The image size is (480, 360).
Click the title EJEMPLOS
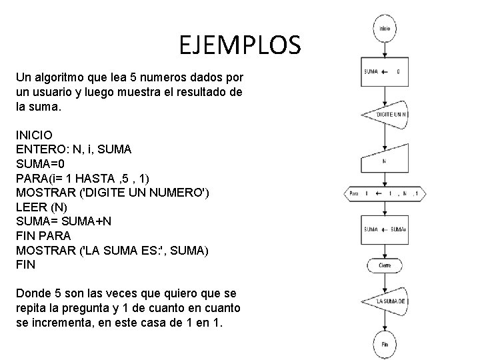click(x=240, y=46)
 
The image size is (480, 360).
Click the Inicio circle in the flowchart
click(x=385, y=29)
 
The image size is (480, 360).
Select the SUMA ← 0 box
click(x=385, y=71)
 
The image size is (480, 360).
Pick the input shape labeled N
click(x=385, y=160)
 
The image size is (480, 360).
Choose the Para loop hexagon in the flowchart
click(x=385, y=194)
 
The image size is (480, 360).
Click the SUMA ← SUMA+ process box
click(x=385, y=229)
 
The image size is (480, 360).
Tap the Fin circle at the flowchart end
click(x=385, y=344)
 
